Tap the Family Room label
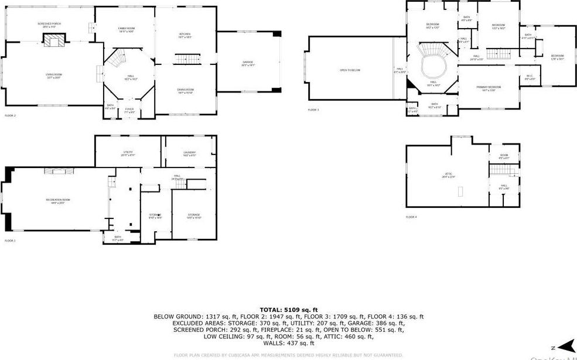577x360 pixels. pos(127,29)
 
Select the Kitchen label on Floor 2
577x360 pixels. pos(185,35)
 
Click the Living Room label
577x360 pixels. pos(54,75)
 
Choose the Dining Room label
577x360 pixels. pos(185,90)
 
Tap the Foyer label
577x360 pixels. pos(129,109)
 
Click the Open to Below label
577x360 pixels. pos(350,70)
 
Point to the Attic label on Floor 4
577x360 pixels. pos(449,175)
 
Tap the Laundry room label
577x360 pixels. pos(189,153)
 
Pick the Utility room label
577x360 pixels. pos(128,153)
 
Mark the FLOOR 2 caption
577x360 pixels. pos(11,116)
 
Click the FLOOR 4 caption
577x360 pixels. pos(411,217)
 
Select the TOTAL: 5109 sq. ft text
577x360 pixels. pos(288,309)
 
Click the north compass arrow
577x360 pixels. pos(565,346)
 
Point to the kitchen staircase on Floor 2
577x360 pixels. pos(184,59)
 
